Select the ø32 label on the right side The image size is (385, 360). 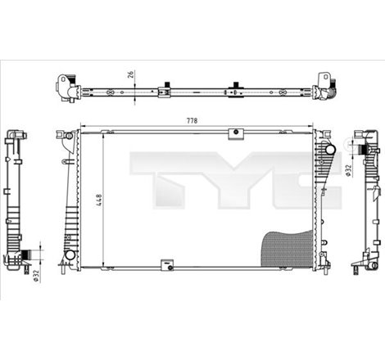pos(347,170)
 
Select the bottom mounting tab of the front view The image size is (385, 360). pos(166,265)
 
